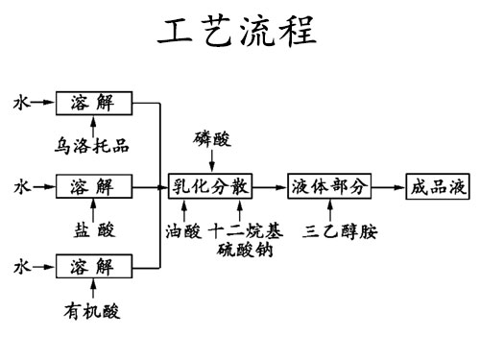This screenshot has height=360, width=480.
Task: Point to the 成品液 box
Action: (x=438, y=185)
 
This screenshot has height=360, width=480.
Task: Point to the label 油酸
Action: (x=184, y=230)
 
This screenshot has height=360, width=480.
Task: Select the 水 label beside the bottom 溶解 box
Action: (x=20, y=266)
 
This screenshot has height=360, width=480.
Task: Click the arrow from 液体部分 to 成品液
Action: (x=389, y=185)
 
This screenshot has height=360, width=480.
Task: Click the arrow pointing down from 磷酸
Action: (x=212, y=161)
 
